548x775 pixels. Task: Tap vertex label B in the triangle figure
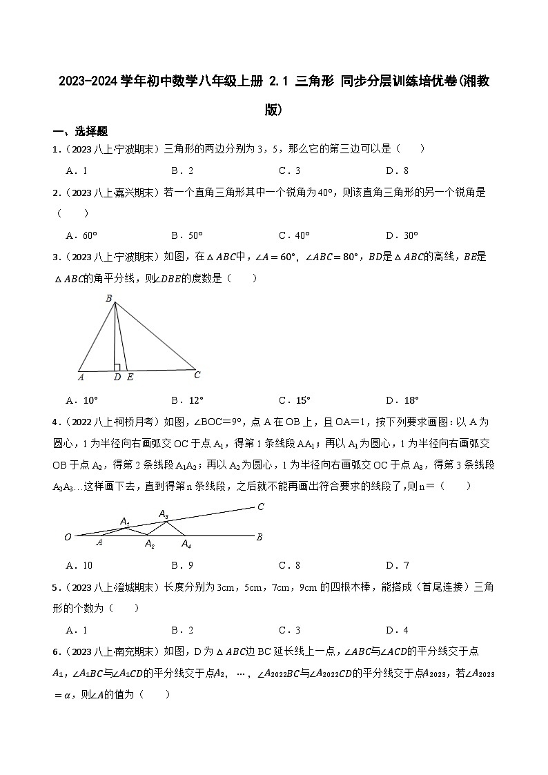click(108, 298)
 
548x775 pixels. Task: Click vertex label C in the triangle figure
click(197, 375)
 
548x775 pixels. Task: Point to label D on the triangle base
click(117, 377)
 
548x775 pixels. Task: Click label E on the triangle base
click(130, 377)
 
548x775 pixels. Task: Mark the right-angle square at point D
click(118, 367)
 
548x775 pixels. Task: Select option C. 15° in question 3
click(295, 400)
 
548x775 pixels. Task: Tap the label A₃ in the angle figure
click(164, 513)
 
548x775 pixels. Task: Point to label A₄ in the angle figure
click(186, 545)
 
